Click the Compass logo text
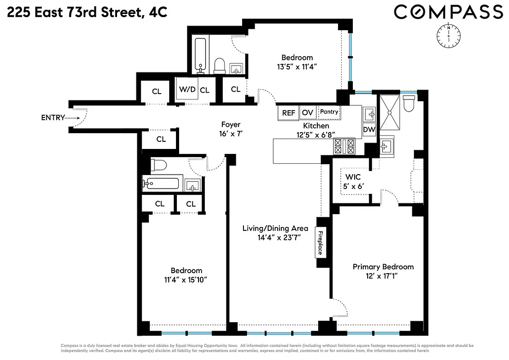pos(448,12)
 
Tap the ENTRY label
pos(53,118)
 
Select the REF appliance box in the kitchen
pos(288,113)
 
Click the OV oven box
pos(307,113)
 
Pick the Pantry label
pos(329,112)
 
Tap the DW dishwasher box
pos(369,130)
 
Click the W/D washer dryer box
pos(187,90)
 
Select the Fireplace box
pos(320,243)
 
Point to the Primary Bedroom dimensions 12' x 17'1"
pos(383,276)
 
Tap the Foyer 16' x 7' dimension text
pos(230,134)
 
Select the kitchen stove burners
pos(344,146)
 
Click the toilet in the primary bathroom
pos(409,103)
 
